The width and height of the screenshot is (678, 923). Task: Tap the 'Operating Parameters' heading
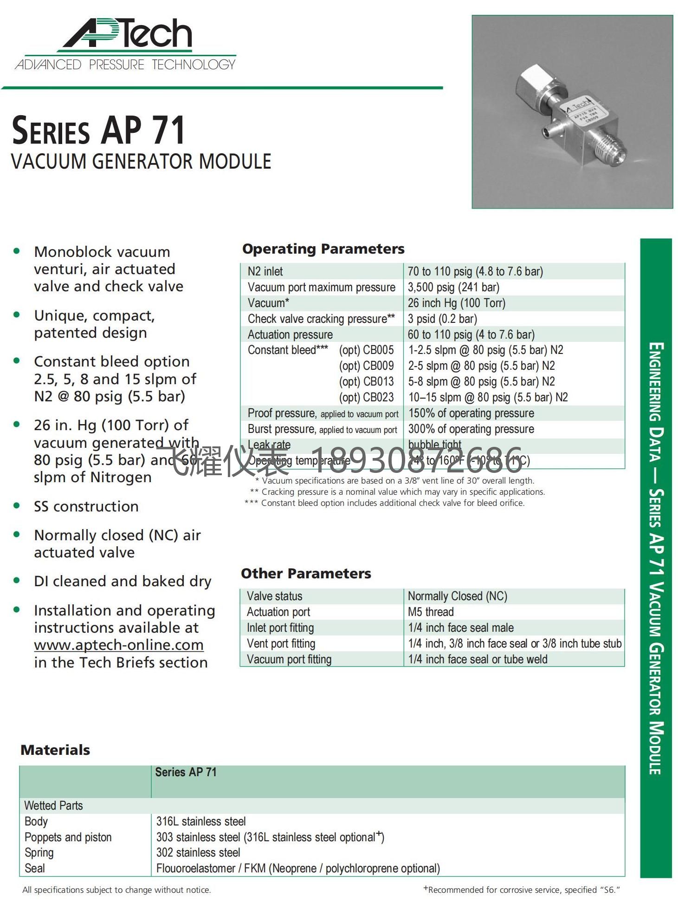pos(323,249)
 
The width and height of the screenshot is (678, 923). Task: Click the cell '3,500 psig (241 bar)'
pos(453,288)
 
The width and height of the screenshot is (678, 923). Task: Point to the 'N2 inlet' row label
pos(265,272)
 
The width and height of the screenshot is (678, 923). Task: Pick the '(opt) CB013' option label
pos(366,382)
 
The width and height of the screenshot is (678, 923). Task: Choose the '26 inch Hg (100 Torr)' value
pos(456,303)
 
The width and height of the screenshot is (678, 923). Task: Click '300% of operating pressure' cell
pos(471,429)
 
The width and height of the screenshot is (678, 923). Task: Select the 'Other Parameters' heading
pos(306,574)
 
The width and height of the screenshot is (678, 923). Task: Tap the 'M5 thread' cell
pos(431,612)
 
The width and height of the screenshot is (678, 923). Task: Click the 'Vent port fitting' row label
pos(281,644)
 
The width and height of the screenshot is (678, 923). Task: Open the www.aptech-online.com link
pos(118,645)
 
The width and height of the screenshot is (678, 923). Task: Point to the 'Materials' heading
pos(55,750)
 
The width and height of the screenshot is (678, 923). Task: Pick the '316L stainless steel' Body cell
pos(201,821)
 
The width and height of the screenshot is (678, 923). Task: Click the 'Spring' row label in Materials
pos(39,853)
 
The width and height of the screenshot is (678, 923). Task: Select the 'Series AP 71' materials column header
pos(186,772)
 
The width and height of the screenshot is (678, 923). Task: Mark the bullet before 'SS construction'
pos(17,506)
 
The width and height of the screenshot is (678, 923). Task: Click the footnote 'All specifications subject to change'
pos(116,890)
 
